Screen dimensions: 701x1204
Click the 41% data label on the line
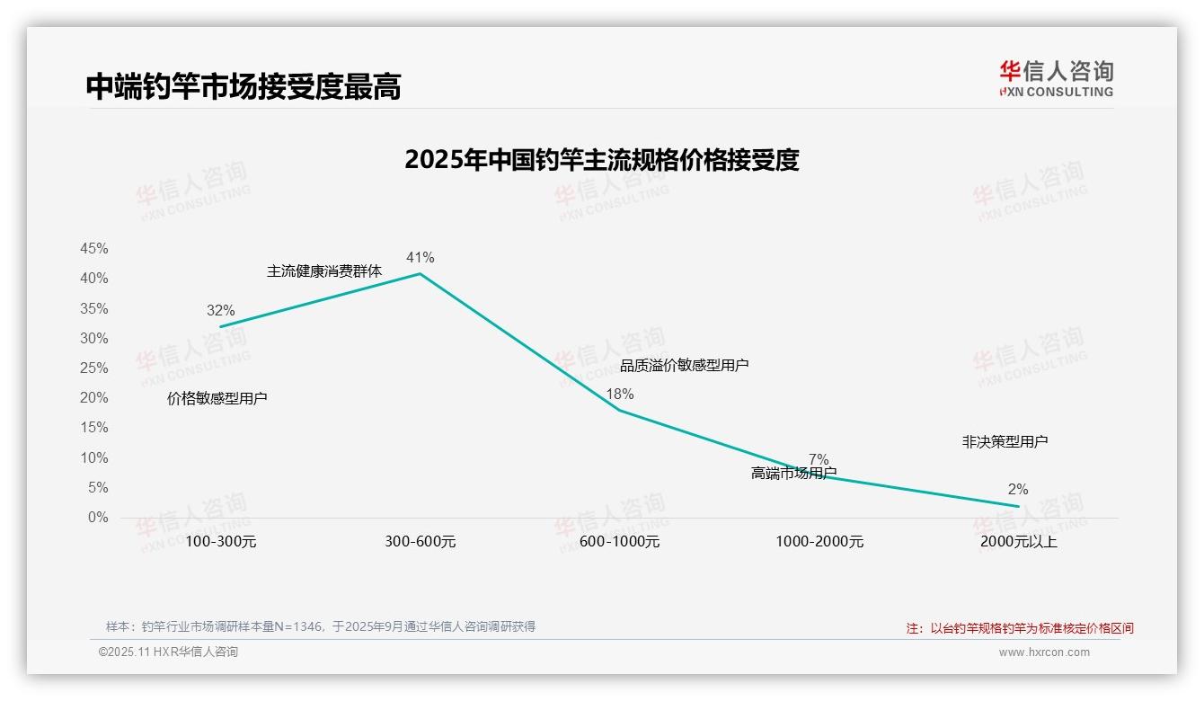click(x=420, y=258)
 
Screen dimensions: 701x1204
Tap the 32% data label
click(x=220, y=310)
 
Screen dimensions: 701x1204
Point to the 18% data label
click(x=619, y=394)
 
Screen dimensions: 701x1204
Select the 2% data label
click(x=1017, y=490)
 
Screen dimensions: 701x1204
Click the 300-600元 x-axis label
click(x=420, y=542)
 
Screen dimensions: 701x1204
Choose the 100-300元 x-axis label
click(x=220, y=542)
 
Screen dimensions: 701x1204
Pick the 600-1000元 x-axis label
click(x=619, y=542)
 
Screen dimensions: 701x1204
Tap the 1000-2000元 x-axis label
click(x=819, y=542)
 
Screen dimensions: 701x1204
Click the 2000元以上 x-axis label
click(x=1018, y=542)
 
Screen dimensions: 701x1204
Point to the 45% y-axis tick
click(x=94, y=248)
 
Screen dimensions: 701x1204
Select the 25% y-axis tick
click(x=94, y=368)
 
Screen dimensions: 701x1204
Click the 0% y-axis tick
click(x=98, y=518)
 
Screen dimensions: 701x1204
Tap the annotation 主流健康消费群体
click(x=324, y=271)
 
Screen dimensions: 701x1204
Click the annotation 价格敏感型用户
click(x=217, y=398)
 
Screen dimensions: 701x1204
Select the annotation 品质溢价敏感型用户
click(x=684, y=365)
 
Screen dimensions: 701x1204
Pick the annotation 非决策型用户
click(x=1005, y=441)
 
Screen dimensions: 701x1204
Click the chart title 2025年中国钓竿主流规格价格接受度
click(x=601, y=160)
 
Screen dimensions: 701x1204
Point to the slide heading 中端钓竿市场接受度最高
click(x=243, y=86)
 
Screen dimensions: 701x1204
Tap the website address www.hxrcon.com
click(x=1043, y=652)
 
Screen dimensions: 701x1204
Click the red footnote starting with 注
click(x=1019, y=628)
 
